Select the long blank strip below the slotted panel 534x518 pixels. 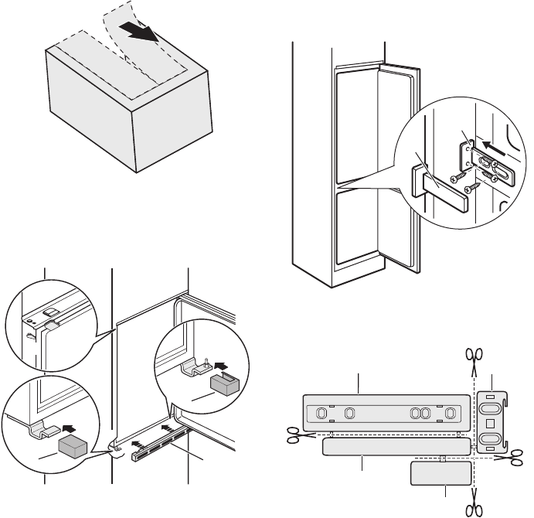395,447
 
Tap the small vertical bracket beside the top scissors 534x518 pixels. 493,421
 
